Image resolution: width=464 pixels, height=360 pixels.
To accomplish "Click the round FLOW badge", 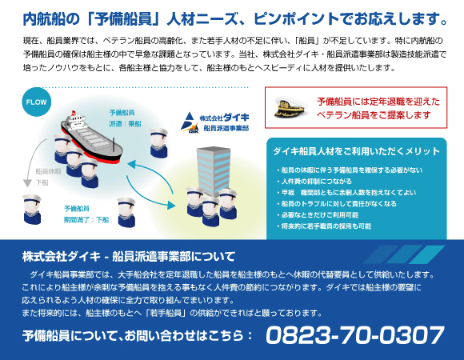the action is click(x=36, y=102).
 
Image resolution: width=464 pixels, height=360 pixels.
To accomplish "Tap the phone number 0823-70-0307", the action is click(x=355, y=335).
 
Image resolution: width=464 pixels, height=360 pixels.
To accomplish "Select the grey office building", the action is click(x=214, y=170).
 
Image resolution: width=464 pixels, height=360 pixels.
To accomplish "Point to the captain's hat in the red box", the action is click(x=290, y=107).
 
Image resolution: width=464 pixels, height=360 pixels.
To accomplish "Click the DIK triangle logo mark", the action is click(x=190, y=122).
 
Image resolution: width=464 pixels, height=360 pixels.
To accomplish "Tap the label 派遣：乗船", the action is click(x=125, y=124).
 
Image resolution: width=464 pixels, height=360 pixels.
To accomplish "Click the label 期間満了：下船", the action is click(x=86, y=220).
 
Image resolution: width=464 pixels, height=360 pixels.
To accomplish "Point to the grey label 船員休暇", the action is click(x=48, y=171).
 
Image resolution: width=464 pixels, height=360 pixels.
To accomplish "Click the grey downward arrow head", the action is click(x=27, y=183).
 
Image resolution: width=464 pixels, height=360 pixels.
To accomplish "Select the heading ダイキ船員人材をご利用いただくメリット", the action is click(x=357, y=151).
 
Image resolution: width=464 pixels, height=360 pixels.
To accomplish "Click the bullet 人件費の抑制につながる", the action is click(x=316, y=182).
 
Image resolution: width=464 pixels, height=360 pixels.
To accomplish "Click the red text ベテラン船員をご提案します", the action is click(x=374, y=115).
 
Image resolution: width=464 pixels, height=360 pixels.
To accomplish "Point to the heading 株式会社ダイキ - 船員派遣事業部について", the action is click(x=129, y=257).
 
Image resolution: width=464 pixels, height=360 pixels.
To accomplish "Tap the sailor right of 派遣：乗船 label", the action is click(x=158, y=143).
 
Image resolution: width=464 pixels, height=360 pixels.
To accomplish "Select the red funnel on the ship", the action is click(x=74, y=114).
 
